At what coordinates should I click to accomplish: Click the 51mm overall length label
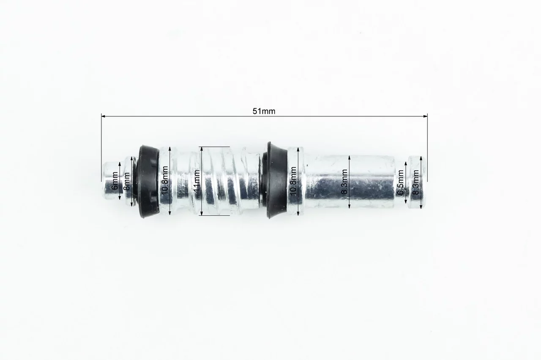(264, 111)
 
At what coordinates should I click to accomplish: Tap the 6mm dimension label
(115, 181)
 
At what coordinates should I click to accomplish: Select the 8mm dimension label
(126, 181)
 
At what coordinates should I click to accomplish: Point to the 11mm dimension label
(197, 180)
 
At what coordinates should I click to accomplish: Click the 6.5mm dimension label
(400, 182)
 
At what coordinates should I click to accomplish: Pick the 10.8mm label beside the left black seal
(165, 180)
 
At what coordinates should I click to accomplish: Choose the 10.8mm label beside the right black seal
(293, 181)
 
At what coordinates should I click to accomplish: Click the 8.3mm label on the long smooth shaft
(344, 181)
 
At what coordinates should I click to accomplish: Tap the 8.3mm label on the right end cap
(415, 182)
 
